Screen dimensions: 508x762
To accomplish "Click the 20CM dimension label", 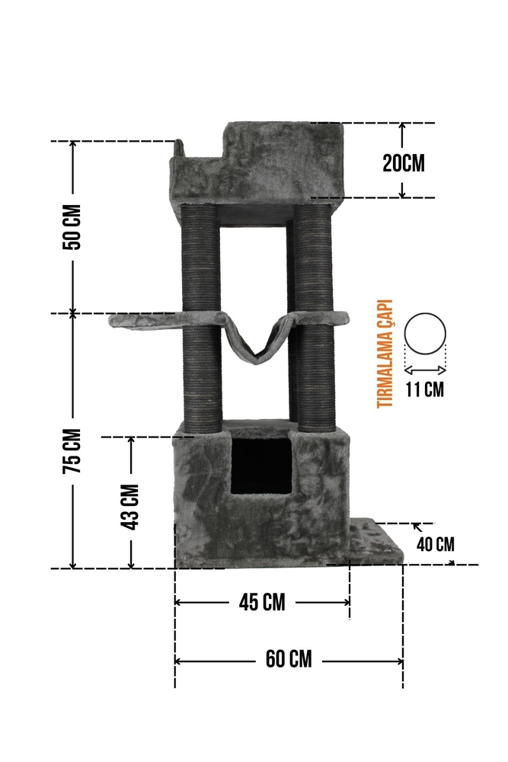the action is point(403,163).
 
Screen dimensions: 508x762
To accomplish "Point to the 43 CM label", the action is point(130,507).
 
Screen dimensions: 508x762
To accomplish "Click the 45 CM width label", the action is point(262,603).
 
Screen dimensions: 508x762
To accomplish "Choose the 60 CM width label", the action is point(289,659).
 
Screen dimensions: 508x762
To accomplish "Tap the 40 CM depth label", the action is point(436,544).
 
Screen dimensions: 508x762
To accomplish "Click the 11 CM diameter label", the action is point(425,389).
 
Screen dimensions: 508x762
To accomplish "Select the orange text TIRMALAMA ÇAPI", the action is point(385,354).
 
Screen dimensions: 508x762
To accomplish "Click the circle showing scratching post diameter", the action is point(426,313).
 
